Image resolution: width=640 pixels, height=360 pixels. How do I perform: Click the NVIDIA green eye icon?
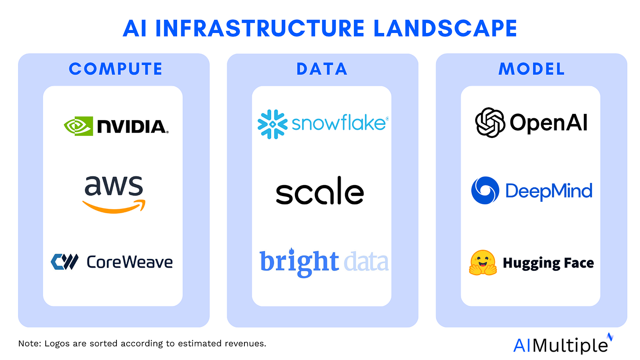point(78,126)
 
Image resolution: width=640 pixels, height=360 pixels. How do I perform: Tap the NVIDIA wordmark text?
point(132,127)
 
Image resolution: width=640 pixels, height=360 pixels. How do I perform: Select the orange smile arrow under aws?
point(114,206)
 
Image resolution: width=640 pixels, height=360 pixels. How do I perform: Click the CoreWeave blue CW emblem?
point(65,262)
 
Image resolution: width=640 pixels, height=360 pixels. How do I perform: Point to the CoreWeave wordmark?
point(129,262)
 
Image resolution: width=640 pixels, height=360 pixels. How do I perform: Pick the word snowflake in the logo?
point(338,124)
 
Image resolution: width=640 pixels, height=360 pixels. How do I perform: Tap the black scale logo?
point(320,193)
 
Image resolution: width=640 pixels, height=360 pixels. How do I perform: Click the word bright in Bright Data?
point(299,262)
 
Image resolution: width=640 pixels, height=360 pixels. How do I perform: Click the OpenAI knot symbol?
point(490,123)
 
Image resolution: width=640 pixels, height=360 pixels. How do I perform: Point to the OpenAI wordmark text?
point(549,123)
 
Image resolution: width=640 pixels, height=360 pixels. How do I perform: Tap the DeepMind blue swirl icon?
point(485,190)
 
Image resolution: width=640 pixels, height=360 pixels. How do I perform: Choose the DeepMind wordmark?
point(549,191)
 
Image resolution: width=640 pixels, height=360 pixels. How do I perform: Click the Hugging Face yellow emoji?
point(483,263)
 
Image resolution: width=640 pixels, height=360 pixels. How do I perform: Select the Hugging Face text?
point(548,263)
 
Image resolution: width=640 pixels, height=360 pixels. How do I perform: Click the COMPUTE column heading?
point(116,69)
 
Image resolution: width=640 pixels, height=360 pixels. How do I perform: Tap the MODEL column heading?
point(531,69)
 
